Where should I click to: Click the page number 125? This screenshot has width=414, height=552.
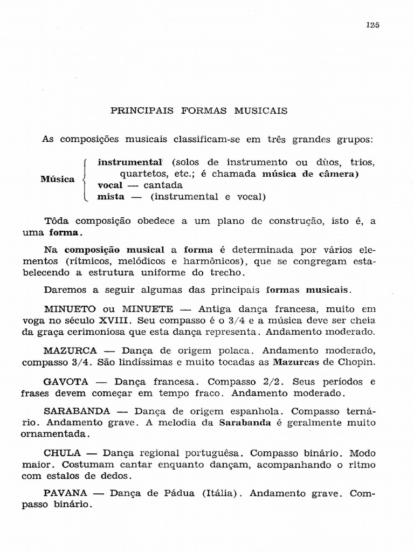tap(372, 24)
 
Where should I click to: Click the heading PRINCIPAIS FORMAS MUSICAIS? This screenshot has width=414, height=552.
tap(199, 111)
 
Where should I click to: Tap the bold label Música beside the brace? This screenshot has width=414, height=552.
tap(58, 179)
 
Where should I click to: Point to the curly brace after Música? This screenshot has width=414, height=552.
tap(84, 179)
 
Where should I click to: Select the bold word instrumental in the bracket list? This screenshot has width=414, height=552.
tap(130, 162)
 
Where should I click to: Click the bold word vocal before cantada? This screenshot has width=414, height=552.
tap(110, 185)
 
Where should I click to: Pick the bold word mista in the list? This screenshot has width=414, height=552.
tap(111, 197)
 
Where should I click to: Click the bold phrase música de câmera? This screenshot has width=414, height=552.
tap(310, 174)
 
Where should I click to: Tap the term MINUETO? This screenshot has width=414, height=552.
tap(70, 309)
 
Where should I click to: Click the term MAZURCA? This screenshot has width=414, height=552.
tap(71, 350)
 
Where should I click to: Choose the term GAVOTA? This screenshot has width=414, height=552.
tap(66, 381)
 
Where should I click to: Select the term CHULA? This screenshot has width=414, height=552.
tap(62, 453)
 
